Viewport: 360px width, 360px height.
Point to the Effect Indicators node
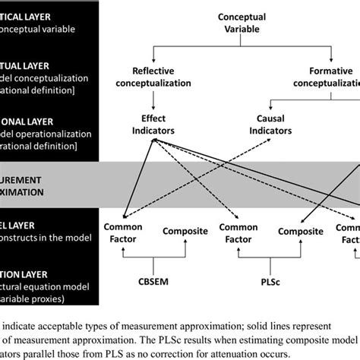click(x=154, y=125)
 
